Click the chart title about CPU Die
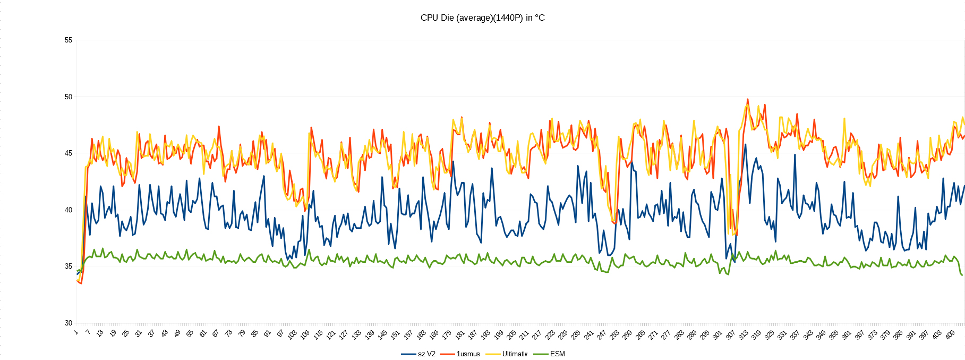tap(482, 18)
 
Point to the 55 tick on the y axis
tap(69, 40)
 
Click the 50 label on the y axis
tap(69, 97)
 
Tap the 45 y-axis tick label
tap(69, 153)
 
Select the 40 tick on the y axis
tap(69, 210)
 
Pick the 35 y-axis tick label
tap(69, 267)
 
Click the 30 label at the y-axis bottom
tap(69, 323)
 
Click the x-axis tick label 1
tap(76, 332)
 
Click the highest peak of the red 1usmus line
tap(747, 99)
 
